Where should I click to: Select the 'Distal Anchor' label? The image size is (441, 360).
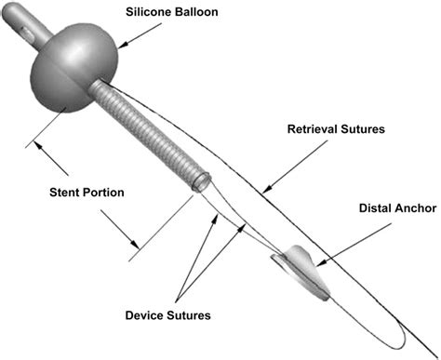(395, 208)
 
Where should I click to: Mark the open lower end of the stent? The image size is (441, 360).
(197, 184)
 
